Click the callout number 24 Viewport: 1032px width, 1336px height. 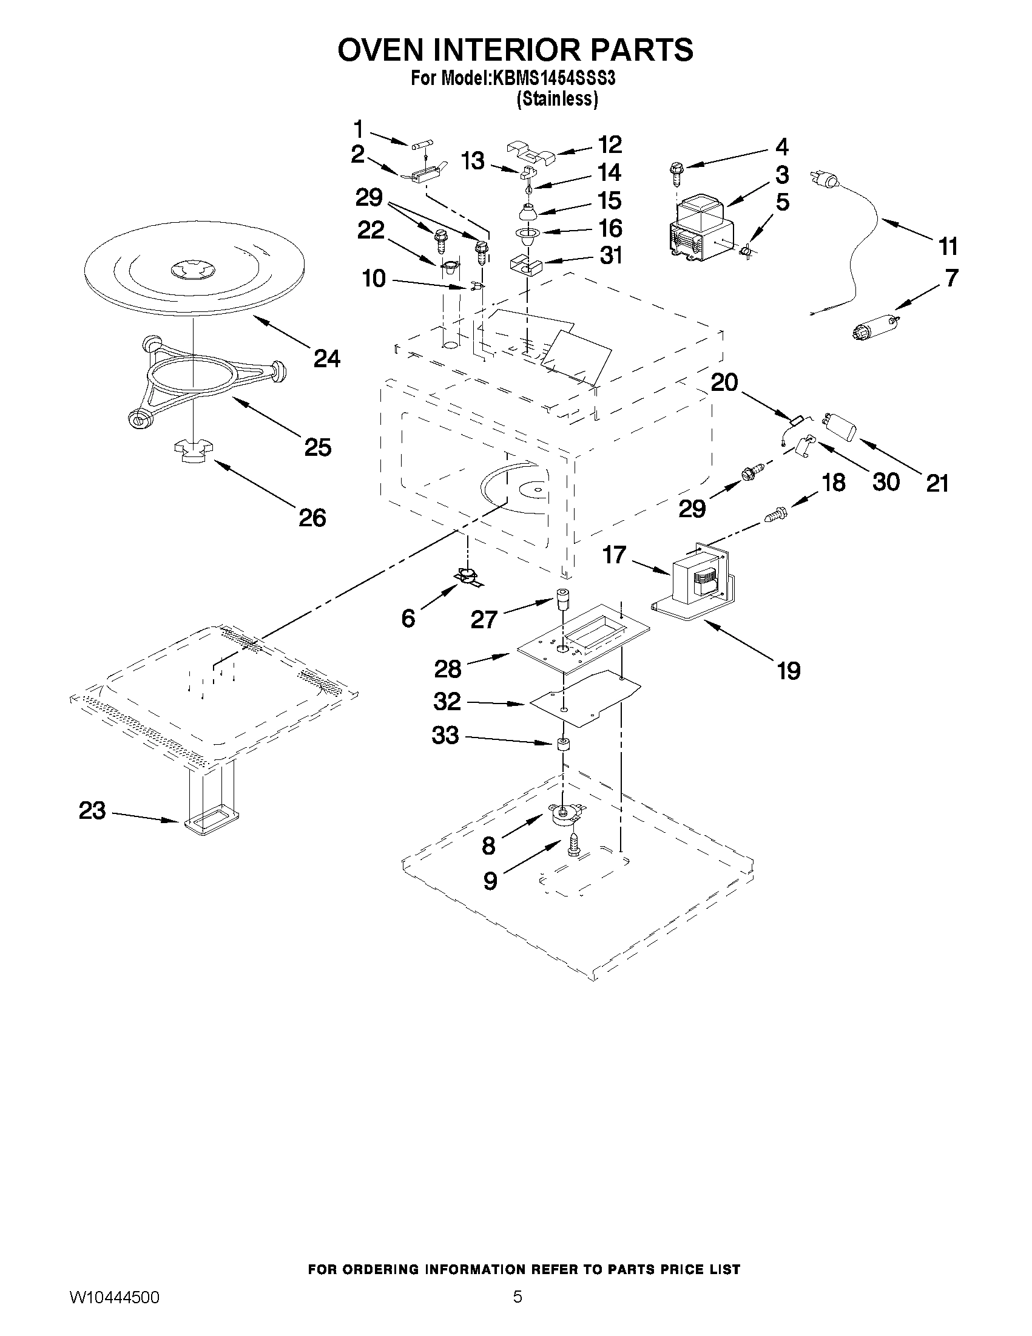[x=327, y=358]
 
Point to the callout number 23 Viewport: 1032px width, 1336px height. [x=92, y=811]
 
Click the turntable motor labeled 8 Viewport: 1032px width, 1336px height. [x=565, y=816]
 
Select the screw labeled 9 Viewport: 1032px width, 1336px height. [x=573, y=847]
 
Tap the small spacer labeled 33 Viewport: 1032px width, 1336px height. [x=562, y=744]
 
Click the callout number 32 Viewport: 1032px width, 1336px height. [x=447, y=701]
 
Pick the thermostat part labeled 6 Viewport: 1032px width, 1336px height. [x=468, y=576]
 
